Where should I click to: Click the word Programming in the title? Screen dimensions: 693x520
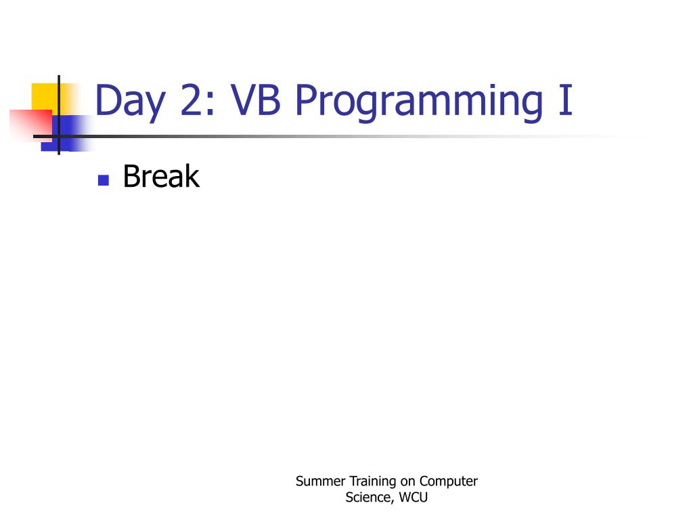tap(419, 103)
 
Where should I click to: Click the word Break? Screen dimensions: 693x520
tap(161, 176)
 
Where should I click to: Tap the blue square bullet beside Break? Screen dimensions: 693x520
tap(104, 180)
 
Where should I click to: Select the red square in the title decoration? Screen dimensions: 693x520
tap(31, 125)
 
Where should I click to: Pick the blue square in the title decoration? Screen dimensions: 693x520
tap(66, 133)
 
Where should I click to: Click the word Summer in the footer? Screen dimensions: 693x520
tap(320, 481)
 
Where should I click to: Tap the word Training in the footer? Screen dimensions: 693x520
tap(373, 482)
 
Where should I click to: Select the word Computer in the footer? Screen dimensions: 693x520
tap(449, 482)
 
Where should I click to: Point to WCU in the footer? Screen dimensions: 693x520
tap(413, 498)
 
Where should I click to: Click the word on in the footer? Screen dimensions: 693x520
tap(408, 482)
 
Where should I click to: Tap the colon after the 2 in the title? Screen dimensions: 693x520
tap(210, 104)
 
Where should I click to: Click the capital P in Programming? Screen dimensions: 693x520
tap(306, 100)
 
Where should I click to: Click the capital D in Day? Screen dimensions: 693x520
tap(108, 100)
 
